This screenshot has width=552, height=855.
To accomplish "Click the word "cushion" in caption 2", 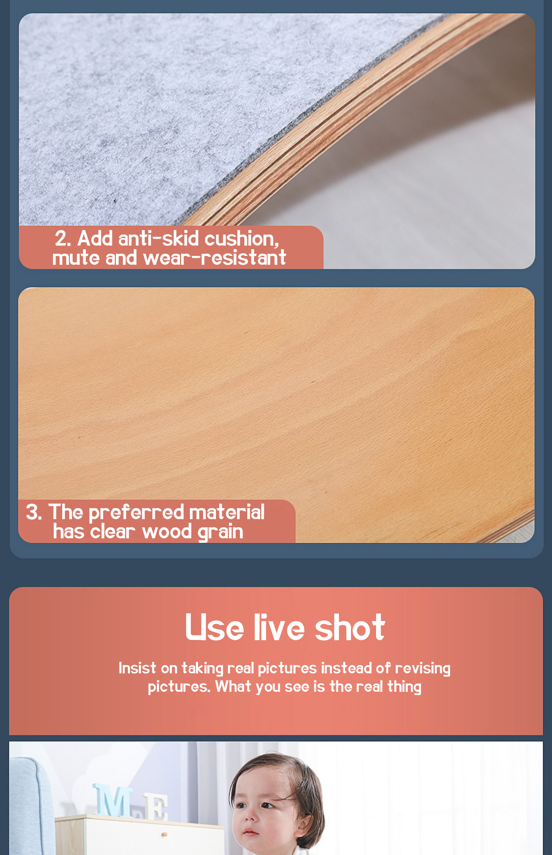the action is [x=241, y=239].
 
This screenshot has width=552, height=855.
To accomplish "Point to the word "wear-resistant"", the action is [x=215, y=257].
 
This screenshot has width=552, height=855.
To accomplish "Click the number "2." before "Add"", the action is [x=63, y=239].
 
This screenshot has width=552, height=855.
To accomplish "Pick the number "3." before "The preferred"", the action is [x=34, y=512].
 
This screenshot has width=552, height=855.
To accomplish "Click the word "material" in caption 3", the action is [x=227, y=512].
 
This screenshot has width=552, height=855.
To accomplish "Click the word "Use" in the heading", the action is [x=215, y=628].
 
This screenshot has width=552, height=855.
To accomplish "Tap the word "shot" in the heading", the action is [x=350, y=627].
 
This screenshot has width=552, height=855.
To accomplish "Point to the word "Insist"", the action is [x=137, y=668].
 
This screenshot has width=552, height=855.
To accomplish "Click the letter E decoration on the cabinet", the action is [x=156, y=807].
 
